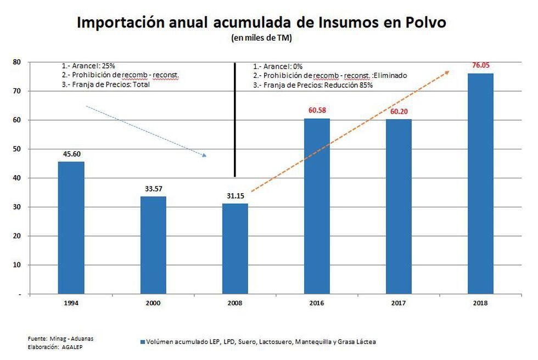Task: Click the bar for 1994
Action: point(71,228)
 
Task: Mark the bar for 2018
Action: point(480,183)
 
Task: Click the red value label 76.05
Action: point(480,66)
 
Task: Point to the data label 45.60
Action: point(71,154)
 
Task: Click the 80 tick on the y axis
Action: point(17,62)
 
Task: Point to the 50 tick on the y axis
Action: point(17,149)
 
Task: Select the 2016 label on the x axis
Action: point(317,302)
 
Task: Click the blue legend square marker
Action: point(142,342)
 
